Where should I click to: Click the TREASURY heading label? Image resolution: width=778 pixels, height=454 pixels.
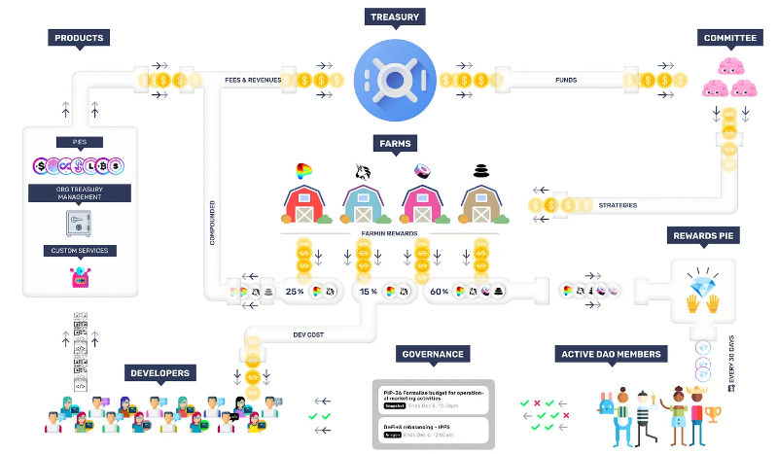(394, 17)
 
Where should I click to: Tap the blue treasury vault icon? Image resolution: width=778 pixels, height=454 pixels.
(394, 76)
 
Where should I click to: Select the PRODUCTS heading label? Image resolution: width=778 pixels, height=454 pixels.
(79, 38)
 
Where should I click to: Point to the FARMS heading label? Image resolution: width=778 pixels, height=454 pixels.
(395, 144)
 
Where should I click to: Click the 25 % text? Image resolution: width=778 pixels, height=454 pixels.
(294, 291)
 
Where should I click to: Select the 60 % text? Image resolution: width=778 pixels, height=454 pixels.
(439, 291)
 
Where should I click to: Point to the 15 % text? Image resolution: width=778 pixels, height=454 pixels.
(369, 291)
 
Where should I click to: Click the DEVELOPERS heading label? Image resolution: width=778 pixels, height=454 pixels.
(161, 372)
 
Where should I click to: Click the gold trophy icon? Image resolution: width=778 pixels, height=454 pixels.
(713, 415)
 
